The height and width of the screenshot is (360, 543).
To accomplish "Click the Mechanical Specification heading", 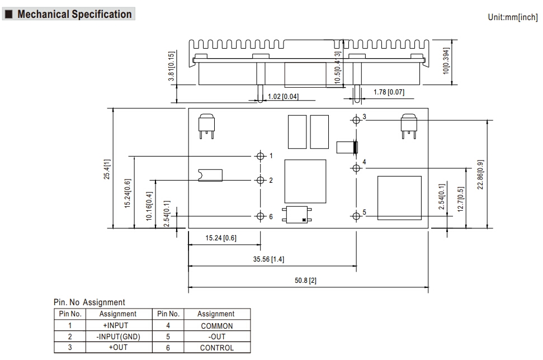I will click(x=74, y=15).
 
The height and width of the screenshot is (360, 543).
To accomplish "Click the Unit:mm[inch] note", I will click(x=513, y=17).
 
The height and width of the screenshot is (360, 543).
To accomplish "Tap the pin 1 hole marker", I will click(x=260, y=155).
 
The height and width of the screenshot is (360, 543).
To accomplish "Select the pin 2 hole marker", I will click(x=260, y=180).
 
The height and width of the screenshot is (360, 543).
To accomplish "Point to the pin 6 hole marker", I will click(x=260, y=216).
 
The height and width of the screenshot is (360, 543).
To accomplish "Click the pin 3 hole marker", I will click(x=357, y=119).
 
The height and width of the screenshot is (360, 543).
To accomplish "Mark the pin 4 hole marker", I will click(x=357, y=168).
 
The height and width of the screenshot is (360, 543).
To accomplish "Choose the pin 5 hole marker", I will click(x=357, y=216).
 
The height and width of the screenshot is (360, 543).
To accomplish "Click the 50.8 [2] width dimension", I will click(x=306, y=280).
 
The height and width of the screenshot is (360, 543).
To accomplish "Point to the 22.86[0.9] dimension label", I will click(x=480, y=174).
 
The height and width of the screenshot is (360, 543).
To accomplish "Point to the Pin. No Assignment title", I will click(x=89, y=302).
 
